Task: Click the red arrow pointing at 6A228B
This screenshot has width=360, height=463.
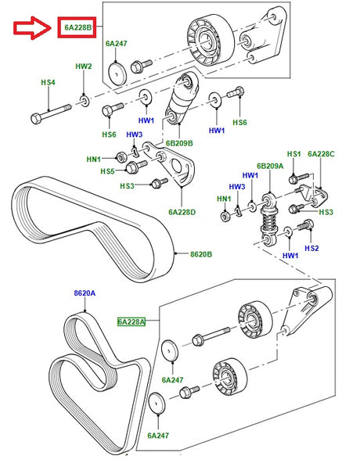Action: [x=31, y=28]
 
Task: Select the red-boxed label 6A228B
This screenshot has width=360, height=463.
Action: [x=77, y=29]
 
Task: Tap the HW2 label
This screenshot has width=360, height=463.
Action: [x=84, y=66]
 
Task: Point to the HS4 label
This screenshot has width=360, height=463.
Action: [x=49, y=81]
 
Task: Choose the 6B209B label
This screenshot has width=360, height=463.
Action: [x=178, y=143]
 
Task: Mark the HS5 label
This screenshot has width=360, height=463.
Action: [x=106, y=171]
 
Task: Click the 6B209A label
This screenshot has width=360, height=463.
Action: [x=269, y=166]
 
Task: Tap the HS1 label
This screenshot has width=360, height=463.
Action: [x=294, y=155]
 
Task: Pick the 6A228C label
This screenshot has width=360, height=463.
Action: [x=321, y=155]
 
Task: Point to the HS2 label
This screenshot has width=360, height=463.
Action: [x=311, y=248]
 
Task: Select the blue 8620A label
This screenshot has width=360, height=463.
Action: [x=85, y=293]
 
